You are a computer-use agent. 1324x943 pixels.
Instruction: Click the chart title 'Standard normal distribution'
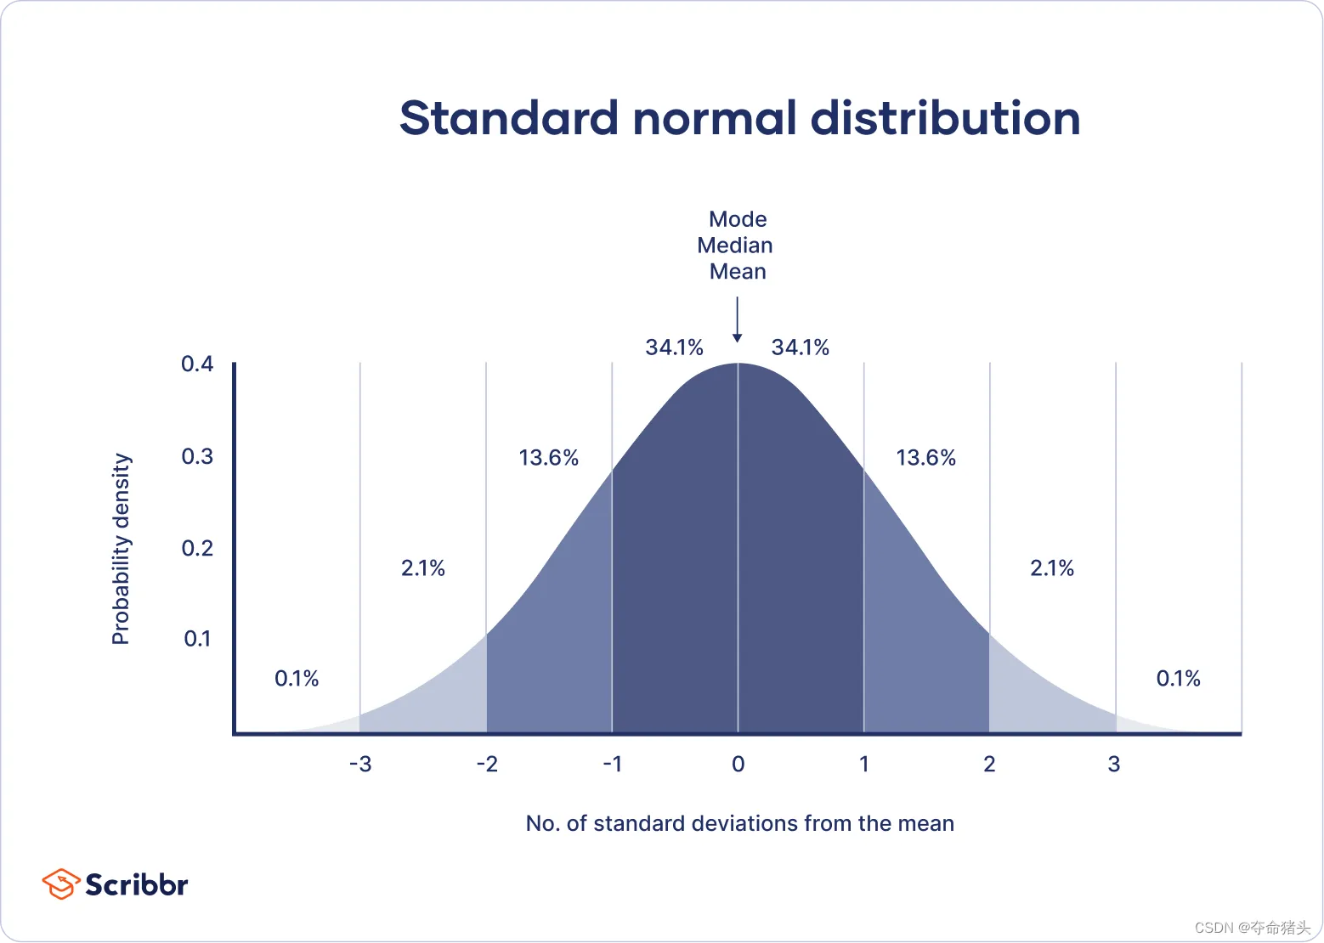click(739, 118)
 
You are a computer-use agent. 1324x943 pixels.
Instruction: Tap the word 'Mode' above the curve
click(738, 219)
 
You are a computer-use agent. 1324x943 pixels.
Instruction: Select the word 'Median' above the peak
click(735, 246)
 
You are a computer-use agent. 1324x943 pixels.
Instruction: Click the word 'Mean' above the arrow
click(738, 272)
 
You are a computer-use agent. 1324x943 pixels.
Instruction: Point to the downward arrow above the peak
click(738, 320)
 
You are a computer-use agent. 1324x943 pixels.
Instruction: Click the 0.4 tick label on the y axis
click(197, 364)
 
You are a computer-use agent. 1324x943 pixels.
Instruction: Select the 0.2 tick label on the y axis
click(197, 548)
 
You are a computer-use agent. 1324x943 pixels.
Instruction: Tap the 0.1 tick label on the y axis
click(197, 639)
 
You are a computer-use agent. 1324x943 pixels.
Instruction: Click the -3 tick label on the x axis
click(360, 765)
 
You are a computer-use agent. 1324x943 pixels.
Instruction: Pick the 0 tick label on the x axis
click(738, 765)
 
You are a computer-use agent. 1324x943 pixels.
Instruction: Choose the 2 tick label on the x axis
click(989, 765)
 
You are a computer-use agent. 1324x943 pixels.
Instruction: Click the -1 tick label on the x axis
click(613, 765)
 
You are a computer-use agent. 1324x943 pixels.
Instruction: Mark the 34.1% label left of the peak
click(674, 347)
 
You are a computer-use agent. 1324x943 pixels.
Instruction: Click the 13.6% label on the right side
click(925, 458)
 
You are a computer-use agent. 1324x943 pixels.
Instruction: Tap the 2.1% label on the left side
click(422, 568)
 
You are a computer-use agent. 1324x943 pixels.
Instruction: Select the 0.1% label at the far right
click(1178, 679)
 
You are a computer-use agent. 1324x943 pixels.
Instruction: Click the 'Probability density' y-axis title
click(122, 549)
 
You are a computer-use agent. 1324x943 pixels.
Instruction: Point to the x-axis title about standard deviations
click(739, 823)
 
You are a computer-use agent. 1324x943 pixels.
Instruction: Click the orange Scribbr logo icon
click(60, 884)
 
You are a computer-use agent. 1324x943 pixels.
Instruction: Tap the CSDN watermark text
click(1252, 928)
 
